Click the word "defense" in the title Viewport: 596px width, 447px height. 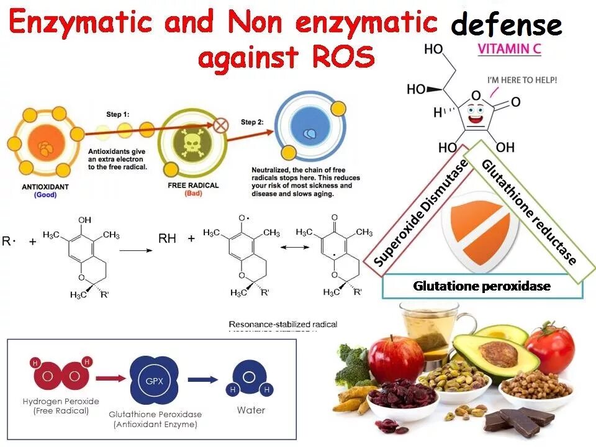(x=506, y=25)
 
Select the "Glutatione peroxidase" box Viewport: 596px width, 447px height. (x=482, y=286)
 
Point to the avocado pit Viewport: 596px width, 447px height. (x=498, y=354)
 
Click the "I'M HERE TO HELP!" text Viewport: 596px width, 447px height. (x=521, y=80)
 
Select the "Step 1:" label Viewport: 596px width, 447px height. (x=119, y=114)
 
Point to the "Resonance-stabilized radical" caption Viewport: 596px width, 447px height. (x=283, y=324)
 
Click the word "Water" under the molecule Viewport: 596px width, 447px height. (x=251, y=410)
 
